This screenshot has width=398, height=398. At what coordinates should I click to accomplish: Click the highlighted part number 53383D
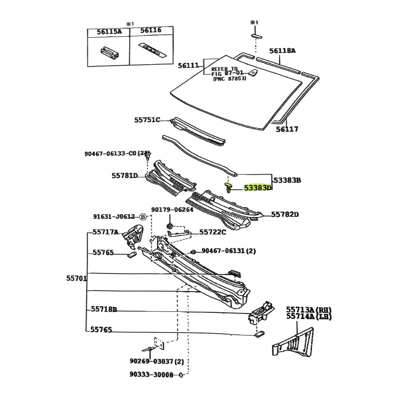258,188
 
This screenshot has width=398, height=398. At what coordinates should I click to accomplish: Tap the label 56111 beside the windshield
188,66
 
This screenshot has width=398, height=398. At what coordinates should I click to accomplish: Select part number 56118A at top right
282,51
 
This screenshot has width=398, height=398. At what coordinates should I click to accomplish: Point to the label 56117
287,129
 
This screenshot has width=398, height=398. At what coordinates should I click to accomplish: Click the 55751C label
147,120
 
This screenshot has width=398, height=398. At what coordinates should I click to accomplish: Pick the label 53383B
287,180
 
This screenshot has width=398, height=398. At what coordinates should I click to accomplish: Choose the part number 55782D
285,215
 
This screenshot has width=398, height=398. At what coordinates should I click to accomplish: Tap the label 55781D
124,175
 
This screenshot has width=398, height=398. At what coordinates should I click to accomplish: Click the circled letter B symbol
143,217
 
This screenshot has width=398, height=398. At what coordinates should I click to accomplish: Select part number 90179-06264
172,210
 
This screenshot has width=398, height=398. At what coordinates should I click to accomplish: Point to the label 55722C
213,232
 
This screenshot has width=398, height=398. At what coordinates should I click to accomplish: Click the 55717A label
105,232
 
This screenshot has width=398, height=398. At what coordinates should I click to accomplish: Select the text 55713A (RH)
309,310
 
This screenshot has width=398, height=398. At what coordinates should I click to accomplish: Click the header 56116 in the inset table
151,31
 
